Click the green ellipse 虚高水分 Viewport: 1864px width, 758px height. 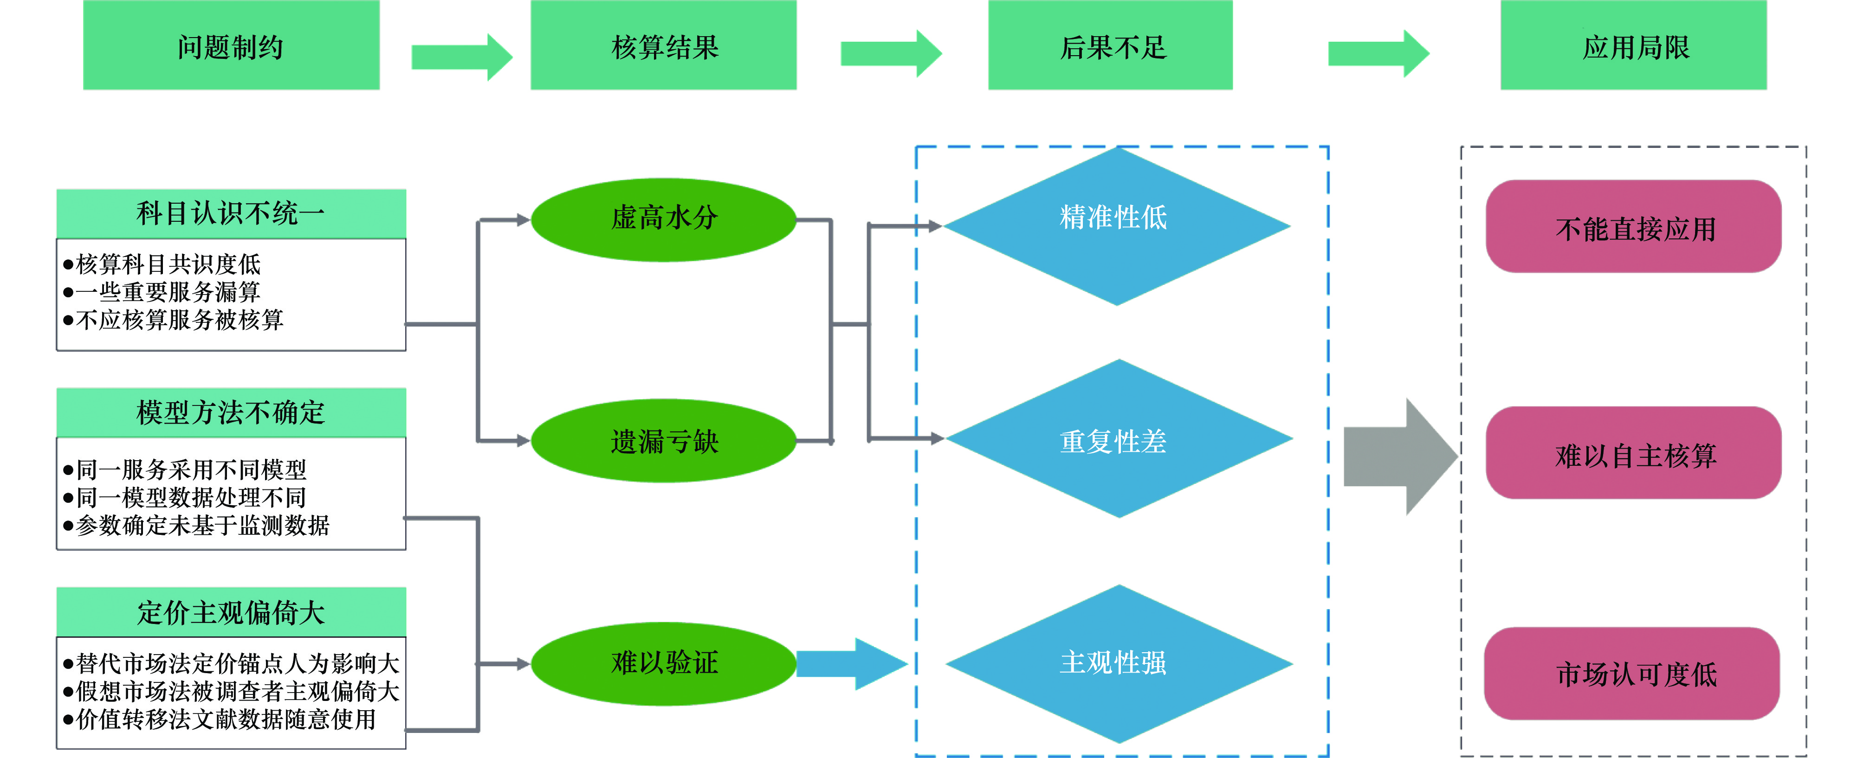(664, 218)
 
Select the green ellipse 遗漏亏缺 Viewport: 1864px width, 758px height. (664, 441)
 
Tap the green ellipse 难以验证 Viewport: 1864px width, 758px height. (664, 662)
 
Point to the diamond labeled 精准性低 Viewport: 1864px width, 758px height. (1117, 225)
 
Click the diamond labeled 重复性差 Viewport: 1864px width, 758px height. (1118, 438)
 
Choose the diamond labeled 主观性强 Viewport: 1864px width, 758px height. (1118, 663)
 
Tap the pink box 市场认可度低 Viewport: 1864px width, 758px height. (1632, 674)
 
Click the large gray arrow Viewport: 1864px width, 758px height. (1397, 456)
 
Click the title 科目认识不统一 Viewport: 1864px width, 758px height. (231, 213)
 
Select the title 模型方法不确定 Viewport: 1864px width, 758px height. (231, 412)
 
